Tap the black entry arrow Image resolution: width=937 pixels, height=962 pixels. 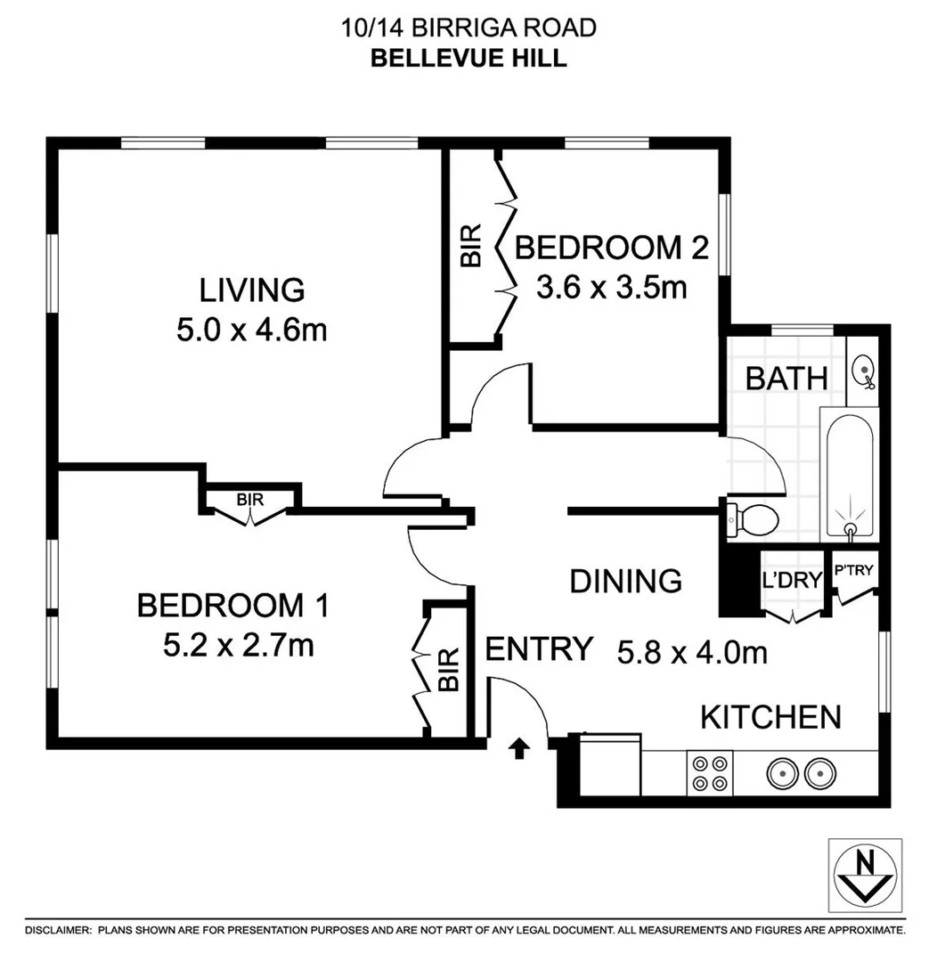517,749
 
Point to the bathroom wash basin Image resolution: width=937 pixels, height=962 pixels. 863,370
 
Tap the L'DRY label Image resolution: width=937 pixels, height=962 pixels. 791,581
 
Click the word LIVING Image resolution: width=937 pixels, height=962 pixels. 251,289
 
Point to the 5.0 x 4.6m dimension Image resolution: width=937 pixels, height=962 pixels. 251,330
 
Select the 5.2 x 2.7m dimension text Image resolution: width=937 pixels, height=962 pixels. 238,646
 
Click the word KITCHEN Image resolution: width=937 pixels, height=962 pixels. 770,716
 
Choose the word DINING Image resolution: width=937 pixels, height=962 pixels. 625,581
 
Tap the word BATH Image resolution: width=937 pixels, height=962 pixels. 786,378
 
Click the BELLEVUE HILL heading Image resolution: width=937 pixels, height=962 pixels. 468,58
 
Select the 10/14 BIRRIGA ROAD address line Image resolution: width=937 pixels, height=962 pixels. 468,28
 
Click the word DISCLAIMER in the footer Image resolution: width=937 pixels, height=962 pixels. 57,930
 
